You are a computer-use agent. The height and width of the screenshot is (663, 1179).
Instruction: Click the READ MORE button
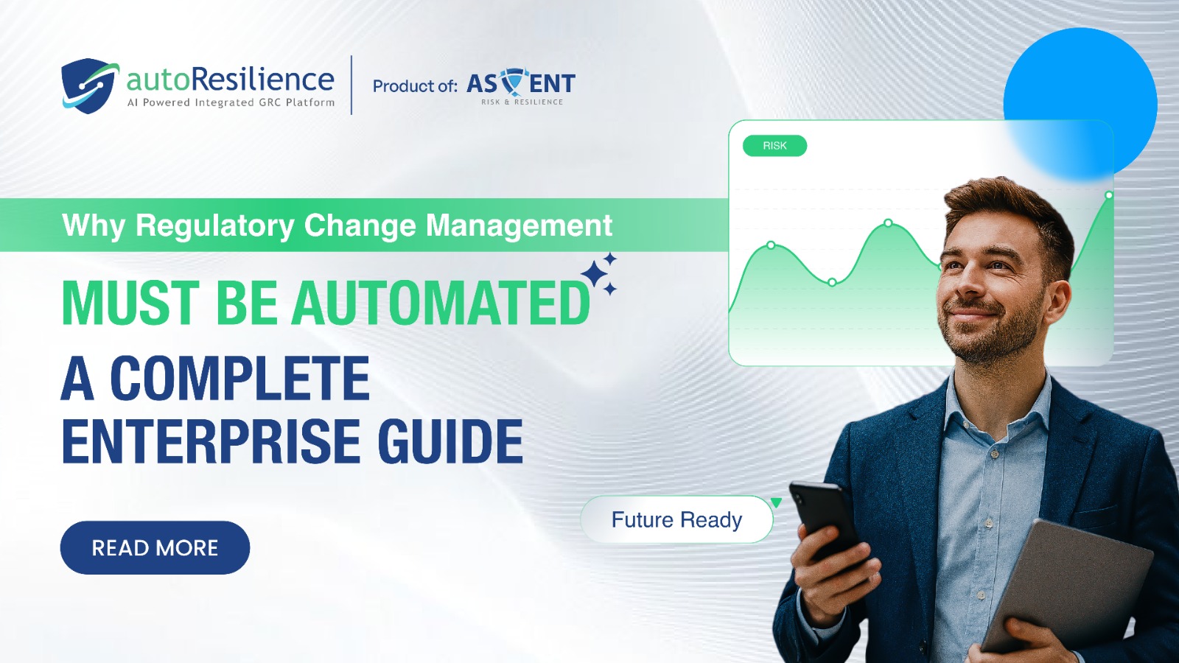pyautogui.click(x=155, y=547)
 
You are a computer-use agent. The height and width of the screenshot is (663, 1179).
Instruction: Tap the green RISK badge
pyautogui.click(x=774, y=146)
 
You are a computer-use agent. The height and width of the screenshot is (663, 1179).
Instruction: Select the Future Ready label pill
pyautogui.click(x=677, y=519)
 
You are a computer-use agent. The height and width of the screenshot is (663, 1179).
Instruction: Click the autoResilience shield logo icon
pyautogui.click(x=89, y=85)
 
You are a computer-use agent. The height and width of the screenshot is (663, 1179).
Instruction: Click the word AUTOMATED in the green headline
pyautogui.click(x=441, y=303)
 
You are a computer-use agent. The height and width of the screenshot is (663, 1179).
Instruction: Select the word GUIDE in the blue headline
pyautogui.click(x=450, y=441)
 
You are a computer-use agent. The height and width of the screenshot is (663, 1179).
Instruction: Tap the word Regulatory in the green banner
pyautogui.click(x=215, y=225)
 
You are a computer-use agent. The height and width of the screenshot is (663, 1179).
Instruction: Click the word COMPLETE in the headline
pyautogui.click(x=239, y=378)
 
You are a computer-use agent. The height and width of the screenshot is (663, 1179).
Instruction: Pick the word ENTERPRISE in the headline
pyautogui.click(x=211, y=441)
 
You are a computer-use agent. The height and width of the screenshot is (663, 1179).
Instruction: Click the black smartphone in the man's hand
pyautogui.click(x=825, y=521)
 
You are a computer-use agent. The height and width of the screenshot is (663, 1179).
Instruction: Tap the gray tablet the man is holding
pyautogui.click(x=1068, y=584)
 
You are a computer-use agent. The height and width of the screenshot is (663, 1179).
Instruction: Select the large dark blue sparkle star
pyautogui.click(x=595, y=273)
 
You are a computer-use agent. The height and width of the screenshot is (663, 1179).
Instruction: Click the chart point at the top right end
pyautogui.click(x=1108, y=195)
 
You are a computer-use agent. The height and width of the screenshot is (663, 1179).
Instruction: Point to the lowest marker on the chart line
pyautogui.click(x=832, y=283)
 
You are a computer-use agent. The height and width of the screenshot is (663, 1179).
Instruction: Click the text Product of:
pyautogui.click(x=415, y=85)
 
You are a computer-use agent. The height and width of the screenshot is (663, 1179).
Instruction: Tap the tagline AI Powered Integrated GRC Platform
pyautogui.click(x=231, y=102)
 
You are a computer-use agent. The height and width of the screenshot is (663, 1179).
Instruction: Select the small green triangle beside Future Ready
pyautogui.click(x=776, y=502)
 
